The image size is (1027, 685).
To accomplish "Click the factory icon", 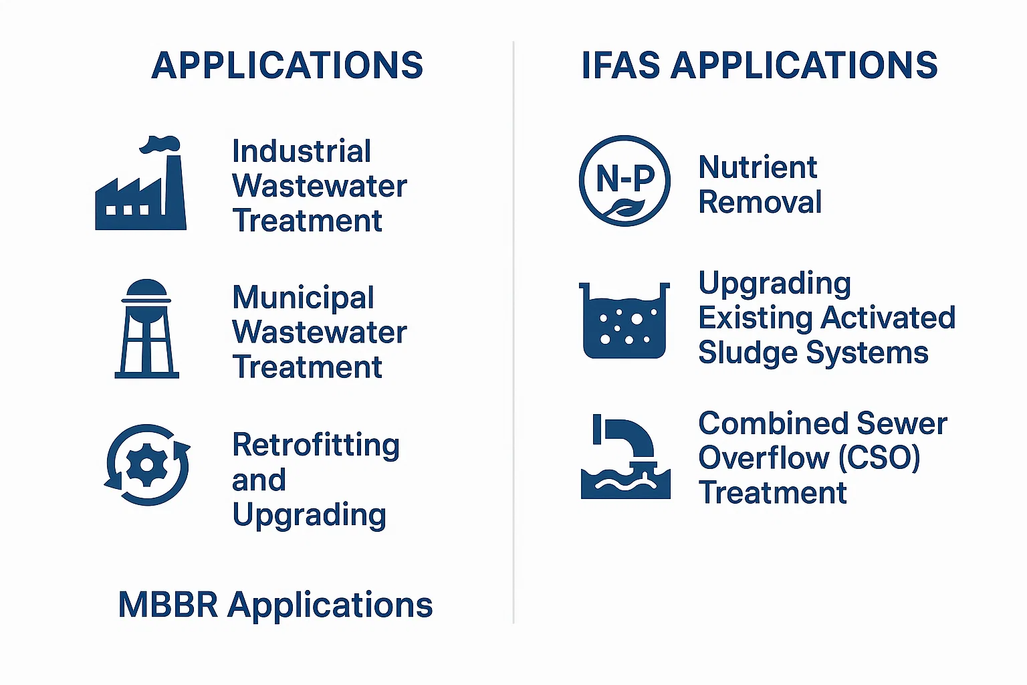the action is point(140,193).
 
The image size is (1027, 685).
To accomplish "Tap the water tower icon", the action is point(146,328).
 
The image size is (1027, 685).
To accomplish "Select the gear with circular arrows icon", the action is point(147,465).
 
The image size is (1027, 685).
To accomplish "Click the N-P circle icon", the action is point(624,181).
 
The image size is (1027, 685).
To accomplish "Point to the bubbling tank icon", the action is point(624,320).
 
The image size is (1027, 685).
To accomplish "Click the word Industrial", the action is point(302,151).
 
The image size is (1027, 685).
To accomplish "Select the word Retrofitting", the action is point(316,445).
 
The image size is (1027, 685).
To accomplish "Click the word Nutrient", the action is point(758,167).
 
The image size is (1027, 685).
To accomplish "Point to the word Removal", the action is point(760,202).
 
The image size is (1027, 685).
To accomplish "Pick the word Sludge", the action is point(748,355).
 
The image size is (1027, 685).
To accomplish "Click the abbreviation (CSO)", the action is point(879,458).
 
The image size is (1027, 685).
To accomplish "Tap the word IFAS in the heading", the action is point(620,65).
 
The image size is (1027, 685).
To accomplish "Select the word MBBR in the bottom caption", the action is point(168,604).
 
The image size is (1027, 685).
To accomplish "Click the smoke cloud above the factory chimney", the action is point(160,144).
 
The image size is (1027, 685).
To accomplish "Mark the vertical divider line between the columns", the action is point(513,332).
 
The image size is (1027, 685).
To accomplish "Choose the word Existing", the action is point(755,318).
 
